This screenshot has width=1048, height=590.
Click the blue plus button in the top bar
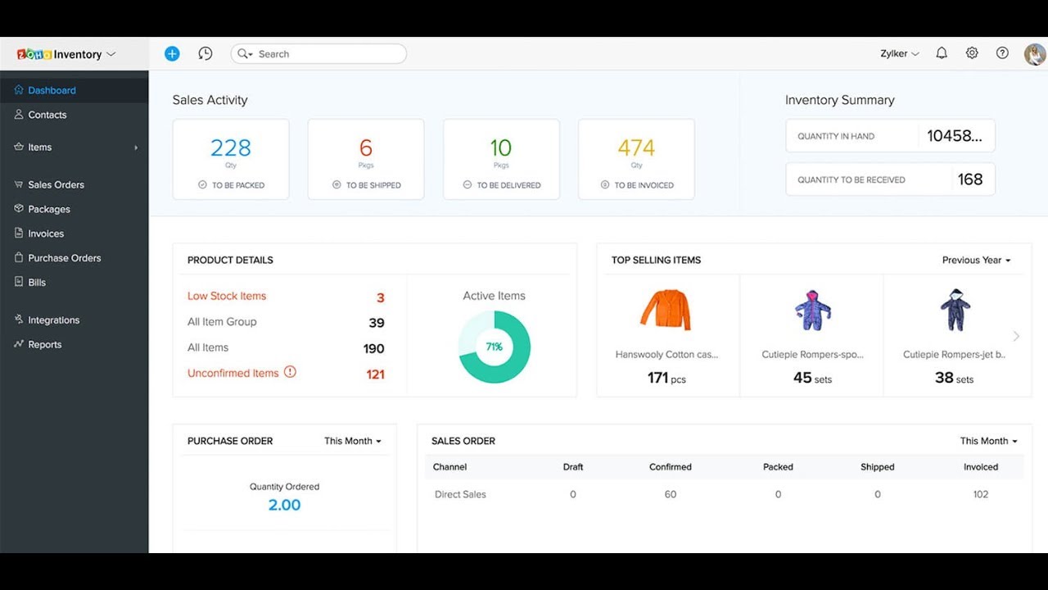click(172, 53)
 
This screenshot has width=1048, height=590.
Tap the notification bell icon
click(942, 53)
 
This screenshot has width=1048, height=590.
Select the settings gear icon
click(972, 53)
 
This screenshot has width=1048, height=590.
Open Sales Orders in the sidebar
click(56, 184)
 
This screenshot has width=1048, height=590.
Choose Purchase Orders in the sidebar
click(64, 258)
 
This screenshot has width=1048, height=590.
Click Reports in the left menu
click(44, 345)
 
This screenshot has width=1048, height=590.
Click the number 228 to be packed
click(231, 148)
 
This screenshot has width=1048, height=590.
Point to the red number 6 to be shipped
click(366, 148)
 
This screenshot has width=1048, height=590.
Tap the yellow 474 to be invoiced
click(636, 148)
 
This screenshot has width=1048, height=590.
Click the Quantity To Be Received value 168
click(970, 179)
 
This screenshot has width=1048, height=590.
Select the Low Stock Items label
click(227, 297)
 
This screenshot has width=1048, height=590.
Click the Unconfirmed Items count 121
click(375, 374)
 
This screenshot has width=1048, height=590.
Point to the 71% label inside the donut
click(495, 347)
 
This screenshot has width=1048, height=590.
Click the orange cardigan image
click(666, 310)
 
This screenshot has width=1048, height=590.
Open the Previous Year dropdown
click(976, 261)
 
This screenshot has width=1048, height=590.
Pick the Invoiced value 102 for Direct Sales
click(981, 495)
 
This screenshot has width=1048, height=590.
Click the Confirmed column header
click(671, 467)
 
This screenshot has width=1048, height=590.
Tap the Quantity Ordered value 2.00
click(284, 505)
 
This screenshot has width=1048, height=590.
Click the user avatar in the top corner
click(1035, 54)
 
